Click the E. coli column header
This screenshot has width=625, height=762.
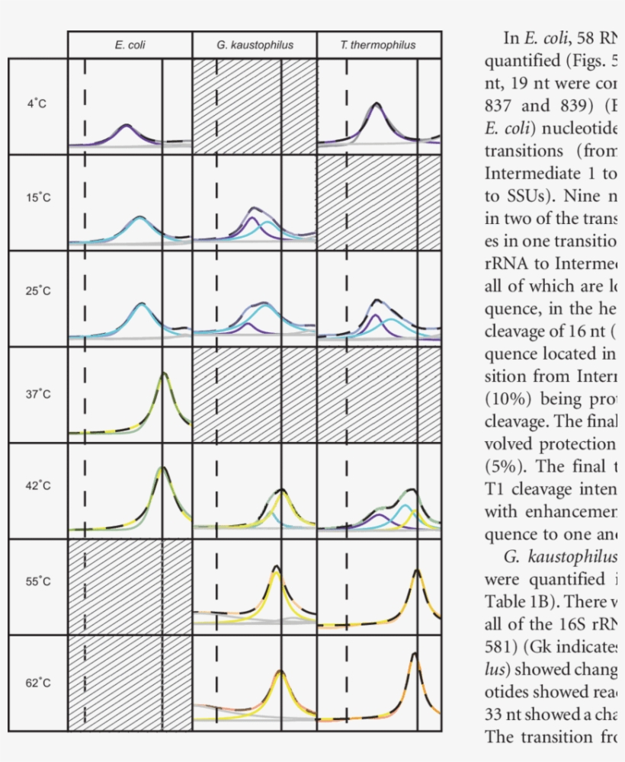click(130, 45)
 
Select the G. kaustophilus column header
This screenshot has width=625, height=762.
click(254, 45)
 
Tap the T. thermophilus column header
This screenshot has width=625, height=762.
click(378, 45)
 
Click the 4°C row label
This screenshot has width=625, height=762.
click(37, 104)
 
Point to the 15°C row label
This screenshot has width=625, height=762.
click(37, 197)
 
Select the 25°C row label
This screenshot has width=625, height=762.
click(37, 291)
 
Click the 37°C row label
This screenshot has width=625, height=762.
click(37, 394)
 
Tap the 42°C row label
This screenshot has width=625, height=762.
click(37, 485)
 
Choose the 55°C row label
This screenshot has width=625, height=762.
click(37, 581)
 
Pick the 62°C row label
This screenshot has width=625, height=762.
click(37, 683)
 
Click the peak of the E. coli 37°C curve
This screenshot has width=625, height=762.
click(163, 374)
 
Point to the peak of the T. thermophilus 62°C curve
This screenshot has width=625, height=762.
click(414, 654)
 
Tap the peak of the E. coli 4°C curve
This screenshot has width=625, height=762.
click(127, 125)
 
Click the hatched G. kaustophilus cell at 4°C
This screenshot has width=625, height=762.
click(254, 107)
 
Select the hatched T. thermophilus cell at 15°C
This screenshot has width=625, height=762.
click(379, 202)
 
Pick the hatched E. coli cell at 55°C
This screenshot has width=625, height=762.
click(130, 586)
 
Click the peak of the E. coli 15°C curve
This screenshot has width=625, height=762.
click(139, 218)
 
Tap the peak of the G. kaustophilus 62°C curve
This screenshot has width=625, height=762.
click(280, 672)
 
